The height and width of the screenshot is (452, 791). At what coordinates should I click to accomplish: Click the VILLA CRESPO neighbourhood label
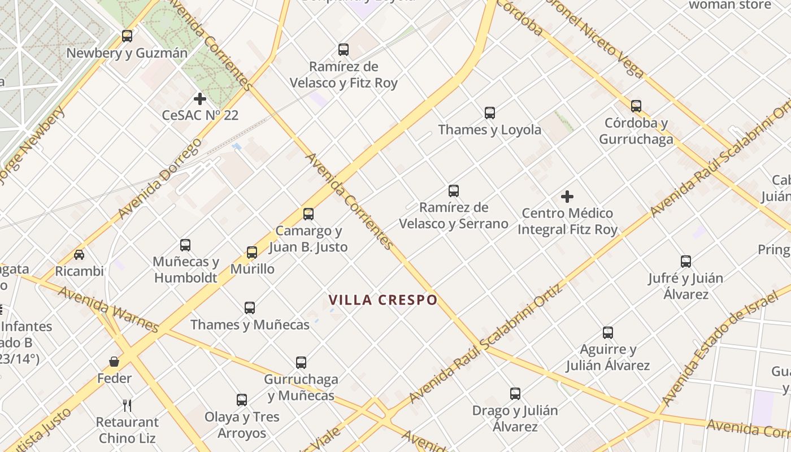pyautogui.click(x=383, y=299)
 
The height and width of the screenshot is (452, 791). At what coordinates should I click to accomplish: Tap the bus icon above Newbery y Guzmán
pyautogui.click(x=127, y=36)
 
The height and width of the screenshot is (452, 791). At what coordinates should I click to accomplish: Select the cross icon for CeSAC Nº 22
pyautogui.click(x=199, y=99)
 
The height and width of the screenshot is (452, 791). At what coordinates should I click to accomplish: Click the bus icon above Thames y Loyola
pyautogui.click(x=490, y=113)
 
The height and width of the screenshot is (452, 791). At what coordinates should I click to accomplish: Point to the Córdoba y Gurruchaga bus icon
pyautogui.click(x=636, y=106)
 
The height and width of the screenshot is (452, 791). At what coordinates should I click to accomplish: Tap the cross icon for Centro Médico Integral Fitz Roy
pyautogui.click(x=567, y=197)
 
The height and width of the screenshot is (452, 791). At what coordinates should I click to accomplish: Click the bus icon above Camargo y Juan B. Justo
pyautogui.click(x=308, y=214)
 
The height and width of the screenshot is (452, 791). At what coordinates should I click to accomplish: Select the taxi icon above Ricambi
pyautogui.click(x=79, y=255)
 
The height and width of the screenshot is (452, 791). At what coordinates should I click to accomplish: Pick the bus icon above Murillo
pyautogui.click(x=252, y=252)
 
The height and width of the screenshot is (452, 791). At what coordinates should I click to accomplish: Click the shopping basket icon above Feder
pyautogui.click(x=114, y=362)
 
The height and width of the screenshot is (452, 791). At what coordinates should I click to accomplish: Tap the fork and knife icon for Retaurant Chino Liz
pyautogui.click(x=127, y=405)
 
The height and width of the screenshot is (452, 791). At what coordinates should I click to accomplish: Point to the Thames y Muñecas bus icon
pyautogui.click(x=250, y=308)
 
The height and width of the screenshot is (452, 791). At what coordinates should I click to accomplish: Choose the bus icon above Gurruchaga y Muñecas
pyautogui.click(x=301, y=362)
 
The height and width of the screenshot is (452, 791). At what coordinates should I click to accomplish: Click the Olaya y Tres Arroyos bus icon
pyautogui.click(x=242, y=400)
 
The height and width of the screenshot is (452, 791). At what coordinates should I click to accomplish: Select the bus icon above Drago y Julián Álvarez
pyautogui.click(x=515, y=394)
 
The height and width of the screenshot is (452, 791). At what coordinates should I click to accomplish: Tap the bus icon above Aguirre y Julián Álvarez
pyautogui.click(x=608, y=333)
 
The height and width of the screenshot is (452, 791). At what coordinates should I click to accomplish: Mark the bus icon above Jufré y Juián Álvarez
pyautogui.click(x=686, y=262)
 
